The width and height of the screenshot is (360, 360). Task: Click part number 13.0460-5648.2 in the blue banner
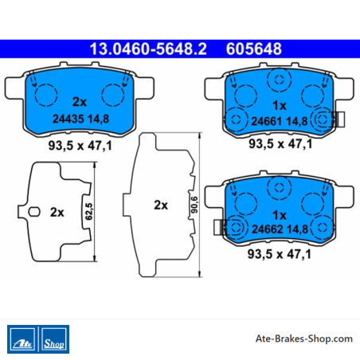(x=148, y=49)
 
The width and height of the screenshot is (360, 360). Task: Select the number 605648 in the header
(x=254, y=49)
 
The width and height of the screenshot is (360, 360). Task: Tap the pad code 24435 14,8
(x=80, y=119)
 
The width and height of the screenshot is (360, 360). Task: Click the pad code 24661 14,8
(x=280, y=121)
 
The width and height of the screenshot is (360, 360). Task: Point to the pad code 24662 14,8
(x=280, y=229)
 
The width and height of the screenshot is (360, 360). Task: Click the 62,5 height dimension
(x=89, y=211)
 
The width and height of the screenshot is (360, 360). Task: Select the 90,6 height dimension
(x=194, y=205)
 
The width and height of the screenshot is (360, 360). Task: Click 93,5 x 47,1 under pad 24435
(x=80, y=146)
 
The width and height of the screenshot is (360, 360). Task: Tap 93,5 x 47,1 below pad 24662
(x=280, y=254)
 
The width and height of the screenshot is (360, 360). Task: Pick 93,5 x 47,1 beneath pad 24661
(x=280, y=144)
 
